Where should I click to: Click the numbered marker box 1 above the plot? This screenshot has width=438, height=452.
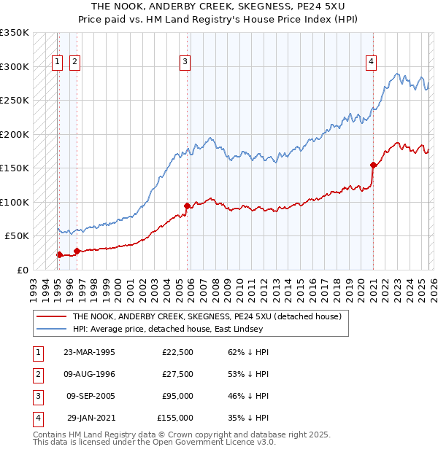[x=58, y=62]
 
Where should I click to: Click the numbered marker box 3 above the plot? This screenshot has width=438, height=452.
[x=185, y=62]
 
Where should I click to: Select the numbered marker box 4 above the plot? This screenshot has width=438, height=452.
[x=372, y=62]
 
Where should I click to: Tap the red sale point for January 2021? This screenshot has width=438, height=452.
[x=373, y=165]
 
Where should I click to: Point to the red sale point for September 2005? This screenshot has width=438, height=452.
[x=188, y=206]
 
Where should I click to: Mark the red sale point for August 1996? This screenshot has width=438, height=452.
[x=77, y=251]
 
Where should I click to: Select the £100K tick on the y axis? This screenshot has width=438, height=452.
[x=15, y=202]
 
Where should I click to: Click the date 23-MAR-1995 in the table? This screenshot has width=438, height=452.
[x=90, y=352]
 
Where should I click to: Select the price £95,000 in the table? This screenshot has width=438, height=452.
[x=177, y=396]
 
